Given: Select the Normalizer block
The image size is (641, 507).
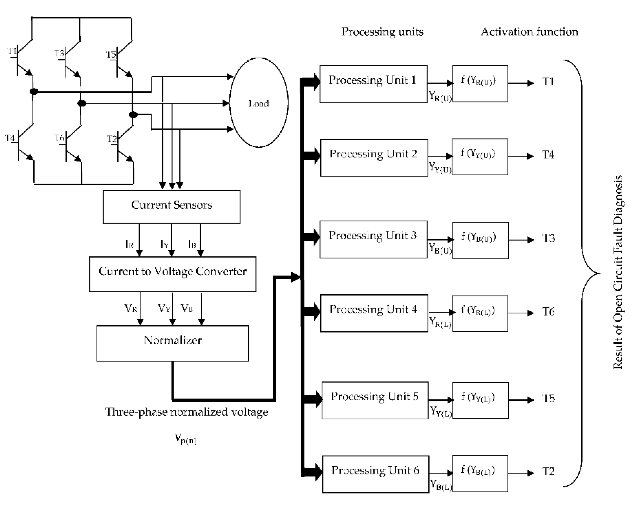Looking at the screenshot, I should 173,343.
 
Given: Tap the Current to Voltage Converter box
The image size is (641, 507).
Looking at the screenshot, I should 173,274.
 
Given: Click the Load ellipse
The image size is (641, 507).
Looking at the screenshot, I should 258,103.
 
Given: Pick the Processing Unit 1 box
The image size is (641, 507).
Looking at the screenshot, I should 373,84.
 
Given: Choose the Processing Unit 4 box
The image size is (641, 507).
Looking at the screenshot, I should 374,313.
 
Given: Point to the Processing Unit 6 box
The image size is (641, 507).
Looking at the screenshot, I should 375,474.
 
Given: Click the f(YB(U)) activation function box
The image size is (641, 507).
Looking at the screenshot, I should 480,240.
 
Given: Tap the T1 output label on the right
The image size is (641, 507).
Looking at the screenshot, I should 548,82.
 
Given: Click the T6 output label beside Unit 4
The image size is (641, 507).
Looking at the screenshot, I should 548,312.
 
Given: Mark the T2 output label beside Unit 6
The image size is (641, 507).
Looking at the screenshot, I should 548,471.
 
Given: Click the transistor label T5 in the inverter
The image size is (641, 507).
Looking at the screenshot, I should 111,55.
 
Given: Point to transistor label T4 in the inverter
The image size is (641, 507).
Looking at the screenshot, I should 10,138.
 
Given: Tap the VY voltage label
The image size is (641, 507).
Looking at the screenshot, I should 164,308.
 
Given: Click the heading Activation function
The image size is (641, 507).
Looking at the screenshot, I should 529,32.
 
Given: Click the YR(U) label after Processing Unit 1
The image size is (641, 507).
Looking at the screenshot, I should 440,96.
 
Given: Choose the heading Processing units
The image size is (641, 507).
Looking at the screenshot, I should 382,32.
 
